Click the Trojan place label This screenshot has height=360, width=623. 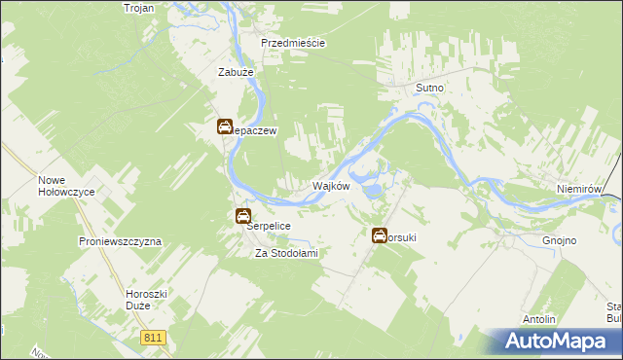tap(140, 8)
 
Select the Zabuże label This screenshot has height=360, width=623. tap(235, 71)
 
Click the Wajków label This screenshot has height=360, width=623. tap(330, 186)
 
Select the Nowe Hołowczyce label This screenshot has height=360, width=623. tap(65, 186)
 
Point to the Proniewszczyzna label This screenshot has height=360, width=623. tap(120, 240)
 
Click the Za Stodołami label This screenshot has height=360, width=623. tap(286, 253)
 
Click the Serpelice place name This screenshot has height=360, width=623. tap(268, 225)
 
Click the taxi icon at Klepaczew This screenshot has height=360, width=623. tap(224, 126)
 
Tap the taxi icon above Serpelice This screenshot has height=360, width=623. tap(243, 216)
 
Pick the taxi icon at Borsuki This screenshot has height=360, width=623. tap(380, 234)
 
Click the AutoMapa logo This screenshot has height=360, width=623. tap(556, 340)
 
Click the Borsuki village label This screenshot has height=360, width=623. tap(404, 235)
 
